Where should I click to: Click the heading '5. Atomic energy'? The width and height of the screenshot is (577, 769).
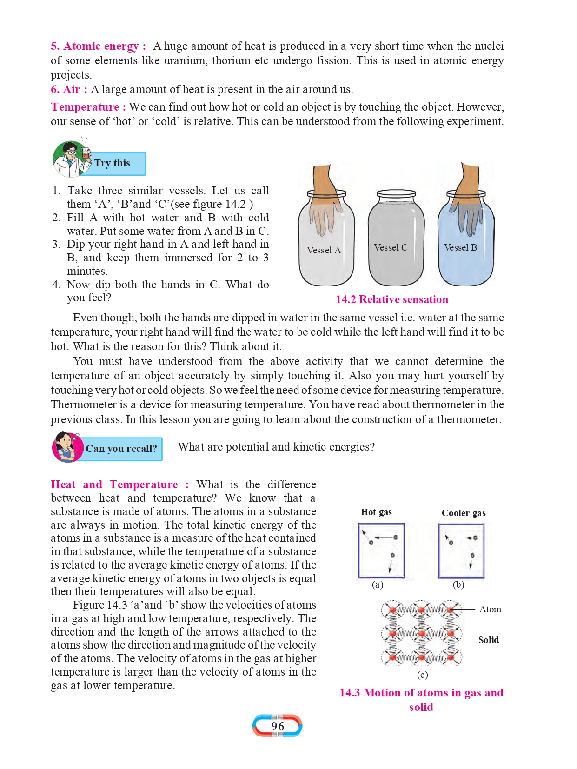click(98, 46)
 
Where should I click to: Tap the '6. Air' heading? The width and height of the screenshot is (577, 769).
click(69, 89)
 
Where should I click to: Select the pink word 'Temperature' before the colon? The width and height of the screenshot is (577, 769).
click(85, 107)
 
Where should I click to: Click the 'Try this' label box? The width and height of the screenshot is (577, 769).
click(118, 164)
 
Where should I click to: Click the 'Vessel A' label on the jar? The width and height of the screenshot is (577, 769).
click(324, 250)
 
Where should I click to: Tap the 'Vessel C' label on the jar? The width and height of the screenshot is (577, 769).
click(391, 248)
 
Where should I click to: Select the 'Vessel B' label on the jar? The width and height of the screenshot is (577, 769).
click(460, 248)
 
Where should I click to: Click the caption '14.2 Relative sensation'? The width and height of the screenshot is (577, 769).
click(392, 300)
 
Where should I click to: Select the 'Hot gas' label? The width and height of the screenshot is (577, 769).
click(376, 512)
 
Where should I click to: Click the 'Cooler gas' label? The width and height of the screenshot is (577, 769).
click(464, 513)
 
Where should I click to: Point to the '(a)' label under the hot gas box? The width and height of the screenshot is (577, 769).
click(378, 585)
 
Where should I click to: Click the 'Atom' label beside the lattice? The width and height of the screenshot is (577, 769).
click(490, 610)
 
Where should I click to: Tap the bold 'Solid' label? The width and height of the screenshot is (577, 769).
click(489, 640)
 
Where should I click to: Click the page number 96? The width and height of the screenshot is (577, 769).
click(278, 726)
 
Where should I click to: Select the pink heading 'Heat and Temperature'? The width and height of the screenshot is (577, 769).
click(114, 485)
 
